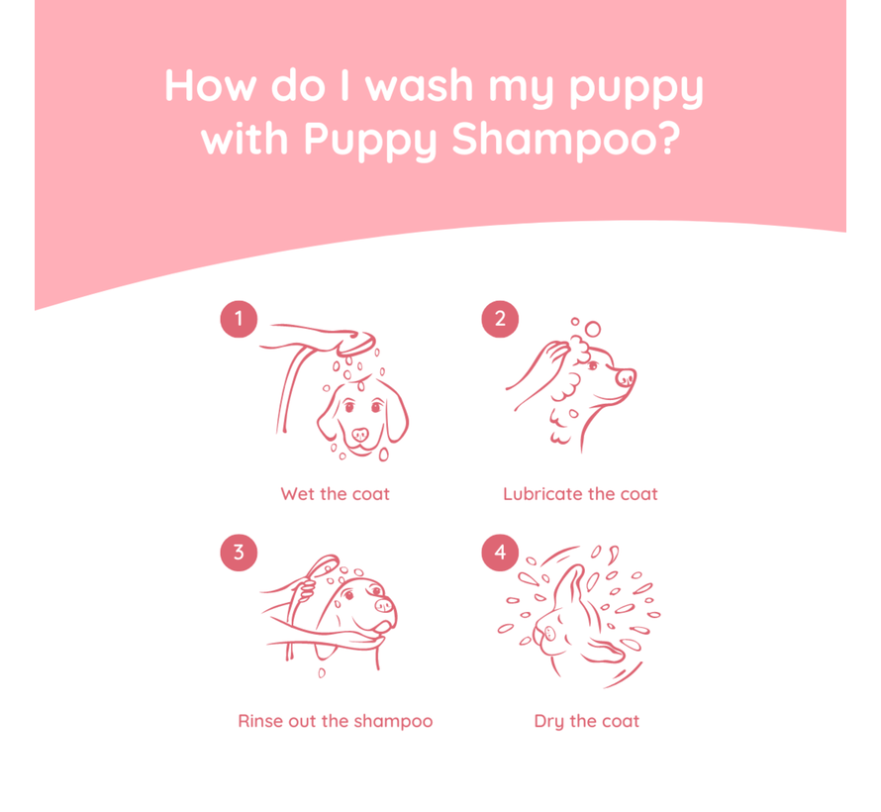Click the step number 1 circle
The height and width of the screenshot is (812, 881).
coord(239,319)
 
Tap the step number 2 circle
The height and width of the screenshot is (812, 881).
coord(500,319)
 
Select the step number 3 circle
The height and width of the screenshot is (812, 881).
coord(239,552)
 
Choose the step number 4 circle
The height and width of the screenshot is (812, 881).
coord(500,552)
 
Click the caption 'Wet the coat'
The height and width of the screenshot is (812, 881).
coord(335,493)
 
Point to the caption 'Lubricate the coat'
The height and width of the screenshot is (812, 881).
coord(580,493)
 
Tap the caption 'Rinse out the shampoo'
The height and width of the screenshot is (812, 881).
coord(335,721)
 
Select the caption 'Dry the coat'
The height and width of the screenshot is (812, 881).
coord(586,721)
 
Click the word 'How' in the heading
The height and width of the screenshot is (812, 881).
coord(208,87)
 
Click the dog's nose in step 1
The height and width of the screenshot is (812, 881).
coord(359,435)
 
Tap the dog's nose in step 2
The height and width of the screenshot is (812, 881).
coord(626,377)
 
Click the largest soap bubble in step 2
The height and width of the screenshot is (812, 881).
coord(592,328)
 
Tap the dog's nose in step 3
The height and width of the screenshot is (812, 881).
coord(384,603)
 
